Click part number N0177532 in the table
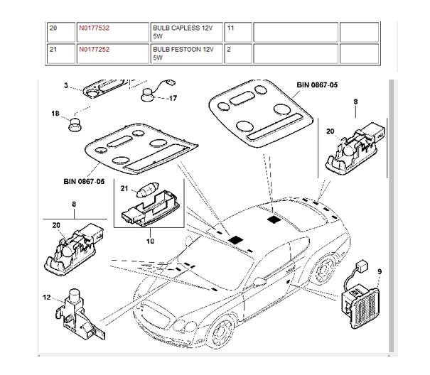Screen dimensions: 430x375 [x=94, y=28]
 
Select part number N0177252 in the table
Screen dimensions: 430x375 [x=94, y=49]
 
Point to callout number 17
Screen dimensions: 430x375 [x=173, y=98]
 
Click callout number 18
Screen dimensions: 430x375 [x=55, y=113]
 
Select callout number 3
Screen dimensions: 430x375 [x=66, y=85]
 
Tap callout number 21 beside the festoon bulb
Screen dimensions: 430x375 [x=124, y=188]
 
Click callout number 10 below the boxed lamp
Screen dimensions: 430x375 [x=150, y=241]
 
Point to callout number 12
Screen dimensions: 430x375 [x=47, y=297]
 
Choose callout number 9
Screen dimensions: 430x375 [x=380, y=271]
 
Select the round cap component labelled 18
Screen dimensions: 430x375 [x=75, y=125]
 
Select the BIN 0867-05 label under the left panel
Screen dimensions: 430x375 [x=84, y=182]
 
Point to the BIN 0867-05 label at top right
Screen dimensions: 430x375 [x=317, y=85]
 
